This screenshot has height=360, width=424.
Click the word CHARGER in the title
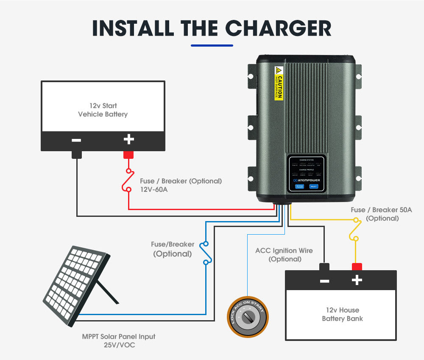coord(278,28)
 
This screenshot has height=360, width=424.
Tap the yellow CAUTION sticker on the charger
coord(279,83)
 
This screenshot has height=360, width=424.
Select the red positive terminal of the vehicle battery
coord(128,155)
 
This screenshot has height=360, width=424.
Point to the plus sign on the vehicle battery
coord(128,139)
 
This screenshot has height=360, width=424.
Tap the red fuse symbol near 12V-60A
coord(128,180)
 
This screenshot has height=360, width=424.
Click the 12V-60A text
coord(154,190)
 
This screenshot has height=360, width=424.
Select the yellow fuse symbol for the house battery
coord(355,229)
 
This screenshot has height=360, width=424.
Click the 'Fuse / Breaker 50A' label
coord(382,210)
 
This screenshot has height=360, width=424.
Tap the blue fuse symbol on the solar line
coord(206,253)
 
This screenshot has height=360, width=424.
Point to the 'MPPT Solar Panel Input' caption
coord(119,337)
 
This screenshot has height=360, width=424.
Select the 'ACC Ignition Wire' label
coord(284,251)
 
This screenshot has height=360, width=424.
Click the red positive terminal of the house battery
coord(357,266)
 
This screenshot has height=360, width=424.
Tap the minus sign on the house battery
coord(325,281)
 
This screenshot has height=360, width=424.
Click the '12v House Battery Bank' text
coord(342,314)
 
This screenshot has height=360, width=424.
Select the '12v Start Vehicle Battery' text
coord(103,110)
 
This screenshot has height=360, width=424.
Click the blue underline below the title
coord(212,45)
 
